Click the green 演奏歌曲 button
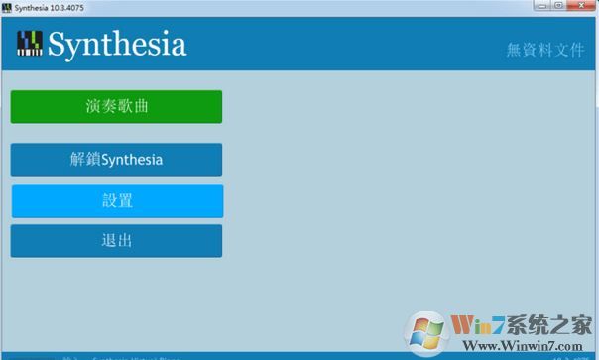[x=116, y=106]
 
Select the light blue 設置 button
[x=116, y=200]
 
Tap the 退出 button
[x=116, y=240]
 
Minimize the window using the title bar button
[x=540, y=6]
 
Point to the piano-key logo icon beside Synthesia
[x=30, y=44]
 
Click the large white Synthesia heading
[x=116, y=44]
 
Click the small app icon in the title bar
[x=7, y=7]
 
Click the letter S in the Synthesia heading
[x=57, y=44]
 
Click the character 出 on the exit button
[x=125, y=240]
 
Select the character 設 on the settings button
[x=108, y=200]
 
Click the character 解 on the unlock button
[x=78, y=159]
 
